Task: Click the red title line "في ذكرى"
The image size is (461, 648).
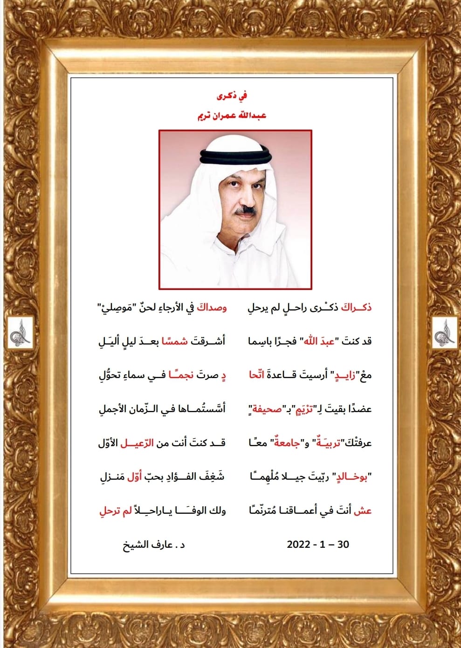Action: (x=231, y=97)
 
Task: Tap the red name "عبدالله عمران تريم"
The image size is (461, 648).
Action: (x=231, y=115)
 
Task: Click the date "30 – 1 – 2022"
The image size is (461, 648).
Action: (x=318, y=545)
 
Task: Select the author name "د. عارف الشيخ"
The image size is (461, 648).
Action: (x=154, y=545)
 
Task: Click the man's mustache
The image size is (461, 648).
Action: (x=246, y=211)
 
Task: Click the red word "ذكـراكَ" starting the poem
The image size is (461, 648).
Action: (x=357, y=308)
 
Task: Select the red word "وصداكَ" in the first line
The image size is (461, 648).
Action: (x=212, y=308)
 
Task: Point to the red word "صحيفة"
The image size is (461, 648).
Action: (x=267, y=409)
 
